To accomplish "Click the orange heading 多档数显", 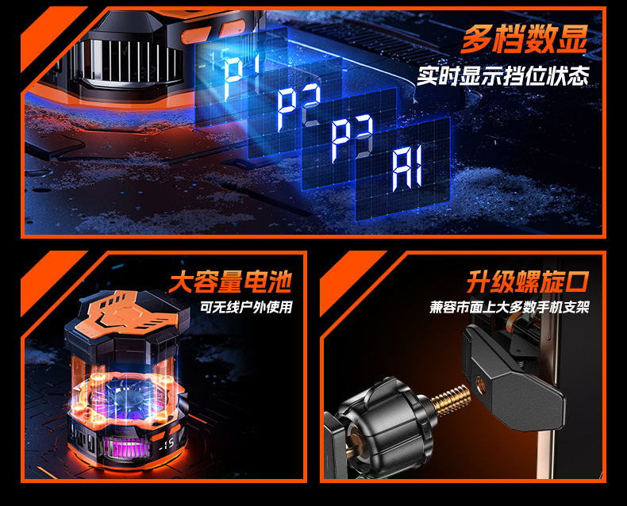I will pos(525,38).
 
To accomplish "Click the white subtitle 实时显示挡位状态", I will pos(503,76).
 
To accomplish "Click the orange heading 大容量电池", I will pos(230,282).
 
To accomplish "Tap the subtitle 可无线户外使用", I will pos(246,307).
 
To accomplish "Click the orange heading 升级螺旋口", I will pos(528,282).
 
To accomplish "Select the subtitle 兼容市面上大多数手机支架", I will pos(510,307).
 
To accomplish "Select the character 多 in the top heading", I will pos(476,38).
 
